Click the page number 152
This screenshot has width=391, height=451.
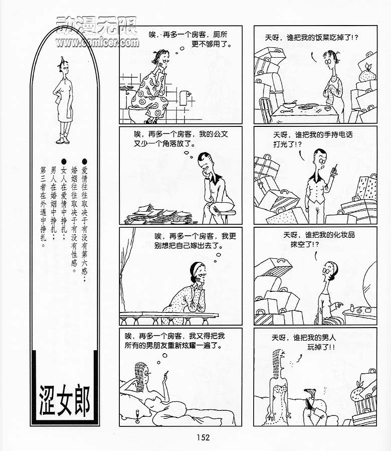coord(203,437)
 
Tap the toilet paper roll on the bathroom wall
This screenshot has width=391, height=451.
coord(184,98)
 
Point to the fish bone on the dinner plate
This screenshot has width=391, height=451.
coord(287,110)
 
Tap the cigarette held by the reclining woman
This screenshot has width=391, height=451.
coord(166,374)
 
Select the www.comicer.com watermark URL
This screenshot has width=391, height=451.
coord(97,42)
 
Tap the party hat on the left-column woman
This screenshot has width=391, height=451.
coord(62,60)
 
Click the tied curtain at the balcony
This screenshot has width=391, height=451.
coord(126,264)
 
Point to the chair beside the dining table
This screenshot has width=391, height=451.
coord(266,109)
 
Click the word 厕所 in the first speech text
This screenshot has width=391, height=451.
coord(220,35)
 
